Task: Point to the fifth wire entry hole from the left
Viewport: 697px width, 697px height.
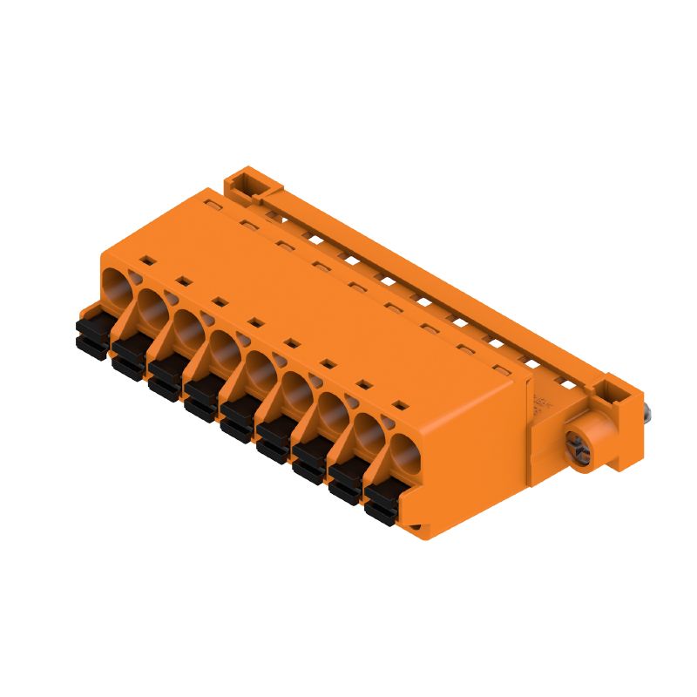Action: coord(260,369)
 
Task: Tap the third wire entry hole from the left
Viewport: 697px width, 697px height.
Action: coord(187,327)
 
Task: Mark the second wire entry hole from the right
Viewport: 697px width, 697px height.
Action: coord(367,433)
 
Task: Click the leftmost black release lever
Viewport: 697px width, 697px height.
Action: coord(91,335)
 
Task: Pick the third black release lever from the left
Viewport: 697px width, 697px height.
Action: coord(163,378)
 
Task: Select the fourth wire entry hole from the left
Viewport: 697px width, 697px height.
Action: coord(224,348)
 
